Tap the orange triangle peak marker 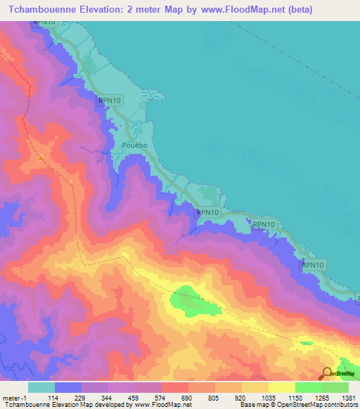pos(41,157)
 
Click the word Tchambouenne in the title pos(43,10)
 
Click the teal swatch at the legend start pos(41,387)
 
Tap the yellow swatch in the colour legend pos(281,387)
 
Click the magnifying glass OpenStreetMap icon pos(328,374)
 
